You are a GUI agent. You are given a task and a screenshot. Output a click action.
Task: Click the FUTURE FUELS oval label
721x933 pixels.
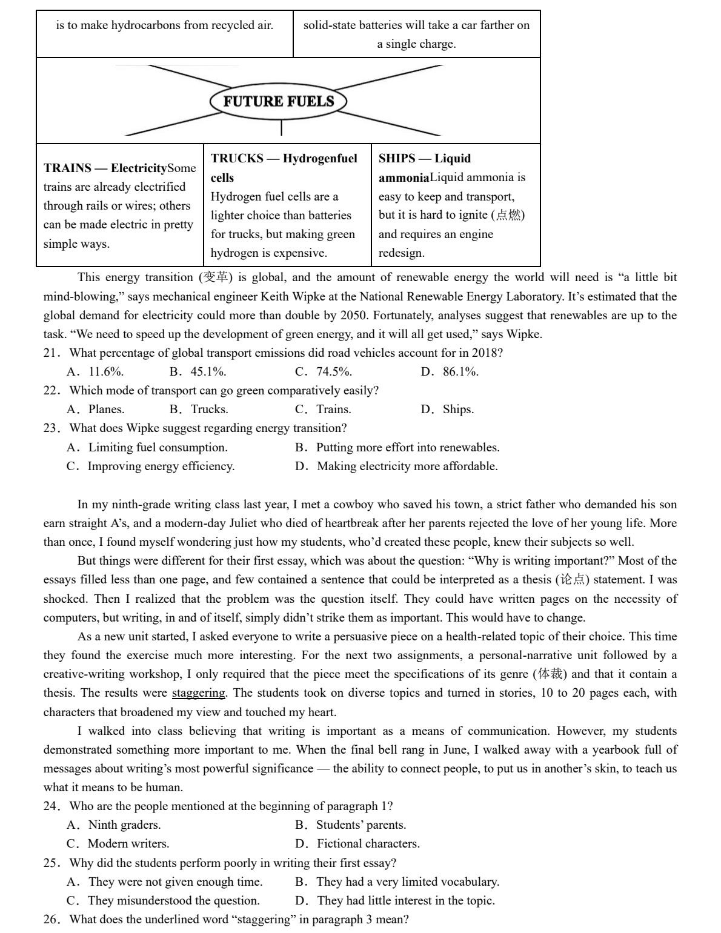pyautogui.click(x=279, y=101)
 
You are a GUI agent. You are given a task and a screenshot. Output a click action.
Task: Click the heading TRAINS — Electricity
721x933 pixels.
pyautogui.click(x=105, y=168)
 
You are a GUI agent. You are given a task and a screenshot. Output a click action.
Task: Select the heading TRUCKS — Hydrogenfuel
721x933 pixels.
pyautogui.click(x=284, y=159)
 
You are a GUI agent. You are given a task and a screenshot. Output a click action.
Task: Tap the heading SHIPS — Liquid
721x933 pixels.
pyautogui.click(x=425, y=159)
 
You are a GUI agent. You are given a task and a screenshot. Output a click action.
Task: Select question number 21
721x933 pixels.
pyautogui.click(x=50, y=353)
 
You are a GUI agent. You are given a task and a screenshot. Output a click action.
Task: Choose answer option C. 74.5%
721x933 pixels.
pyautogui.click(x=324, y=371)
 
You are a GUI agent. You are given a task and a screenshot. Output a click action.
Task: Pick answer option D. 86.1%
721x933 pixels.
pyautogui.click(x=450, y=371)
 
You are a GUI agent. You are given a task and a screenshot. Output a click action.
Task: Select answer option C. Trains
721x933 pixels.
pyautogui.click(x=323, y=409)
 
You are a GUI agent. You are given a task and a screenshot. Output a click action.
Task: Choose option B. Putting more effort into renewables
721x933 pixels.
pyautogui.click(x=397, y=447)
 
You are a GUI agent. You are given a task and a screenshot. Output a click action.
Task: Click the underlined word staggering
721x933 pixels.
pyautogui.click(x=198, y=693)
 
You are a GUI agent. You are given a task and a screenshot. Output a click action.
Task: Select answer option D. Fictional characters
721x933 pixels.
pyautogui.click(x=357, y=843)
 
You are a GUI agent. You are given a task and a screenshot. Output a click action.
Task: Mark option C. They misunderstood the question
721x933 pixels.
pyautogui.click(x=164, y=900)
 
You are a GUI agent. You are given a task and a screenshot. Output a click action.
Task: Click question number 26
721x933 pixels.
pyautogui.click(x=50, y=919)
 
